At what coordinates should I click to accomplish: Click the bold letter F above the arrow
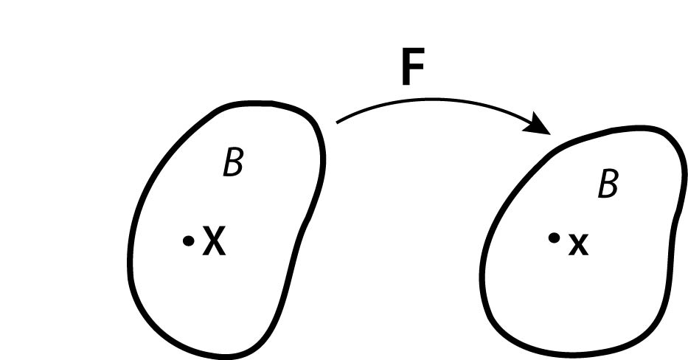coord(414,69)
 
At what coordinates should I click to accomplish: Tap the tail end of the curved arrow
coord(338,122)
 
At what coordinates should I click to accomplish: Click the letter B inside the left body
coord(233,164)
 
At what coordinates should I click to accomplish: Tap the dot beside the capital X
coord(189,240)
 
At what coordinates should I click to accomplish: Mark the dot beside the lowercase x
coord(553,238)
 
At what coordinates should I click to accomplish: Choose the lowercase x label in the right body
coord(578,244)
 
